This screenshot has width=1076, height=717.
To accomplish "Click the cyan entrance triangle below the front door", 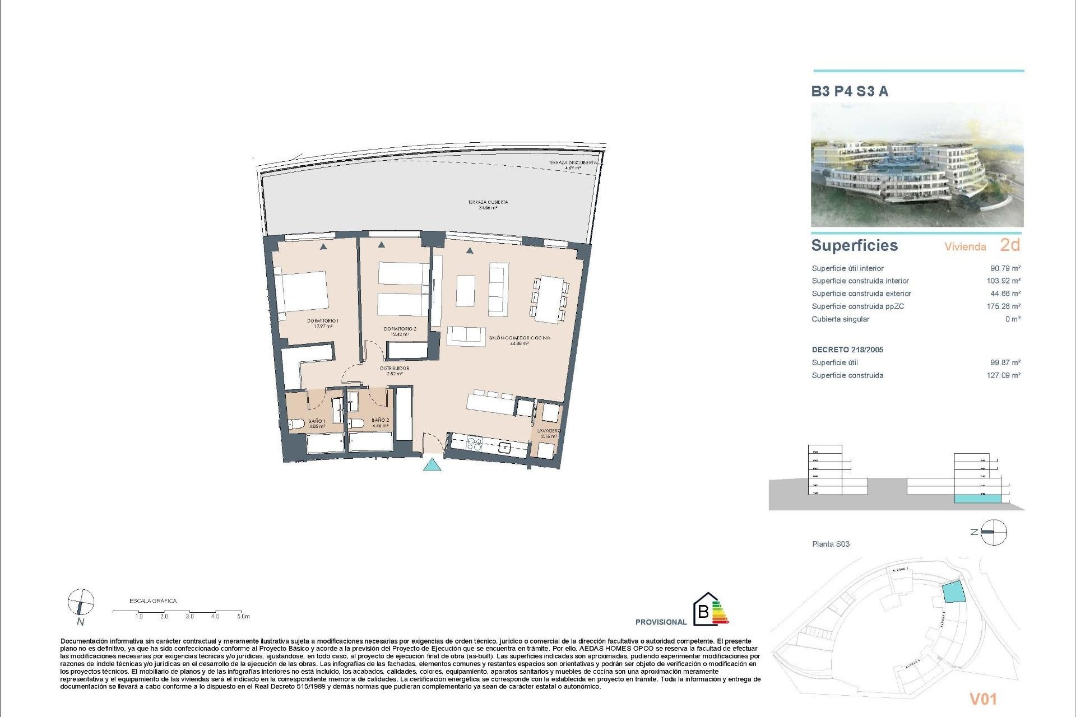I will pyautogui.click(x=432, y=464).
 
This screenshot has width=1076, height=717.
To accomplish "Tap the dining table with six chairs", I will pyautogui.click(x=549, y=299).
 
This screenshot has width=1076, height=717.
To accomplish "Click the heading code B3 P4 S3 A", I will pyautogui.click(x=850, y=91).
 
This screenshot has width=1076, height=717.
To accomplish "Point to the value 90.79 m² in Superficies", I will pyautogui.click(x=1005, y=268).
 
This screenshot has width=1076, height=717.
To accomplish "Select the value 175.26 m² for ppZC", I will pyautogui.click(x=1003, y=306).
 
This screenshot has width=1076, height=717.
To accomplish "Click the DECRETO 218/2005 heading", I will pyautogui.click(x=847, y=350).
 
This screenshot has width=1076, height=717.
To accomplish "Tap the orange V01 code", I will pyautogui.click(x=983, y=699).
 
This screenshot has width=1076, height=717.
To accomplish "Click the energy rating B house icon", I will pyautogui.click(x=704, y=609).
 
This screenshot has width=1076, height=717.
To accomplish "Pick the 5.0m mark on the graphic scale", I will pyautogui.click(x=243, y=616).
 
